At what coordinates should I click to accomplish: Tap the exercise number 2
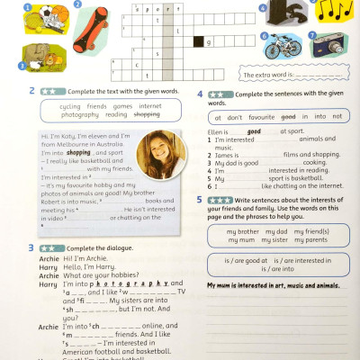point(32,90)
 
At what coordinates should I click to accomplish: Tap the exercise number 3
point(31,247)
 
